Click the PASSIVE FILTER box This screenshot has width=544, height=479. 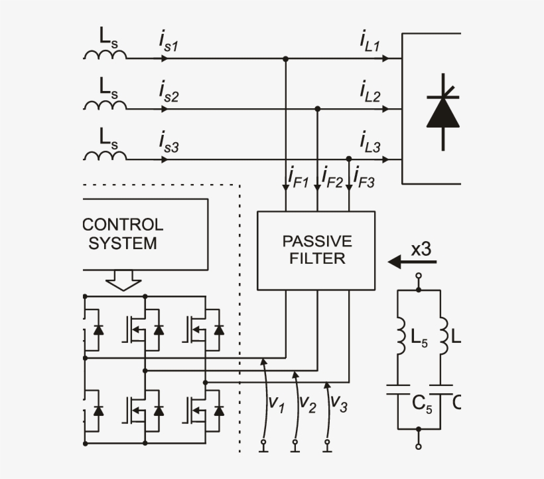coord(316,250)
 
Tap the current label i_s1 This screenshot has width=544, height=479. coord(169,43)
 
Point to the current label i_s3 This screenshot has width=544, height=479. coord(169,143)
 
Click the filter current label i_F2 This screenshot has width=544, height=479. coord(332,177)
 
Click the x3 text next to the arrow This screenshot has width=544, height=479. coord(421,249)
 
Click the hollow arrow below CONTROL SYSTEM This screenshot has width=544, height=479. coord(124,280)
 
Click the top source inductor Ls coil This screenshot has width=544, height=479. coord(105,55)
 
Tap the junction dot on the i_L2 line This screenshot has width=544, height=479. coord(317,108)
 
